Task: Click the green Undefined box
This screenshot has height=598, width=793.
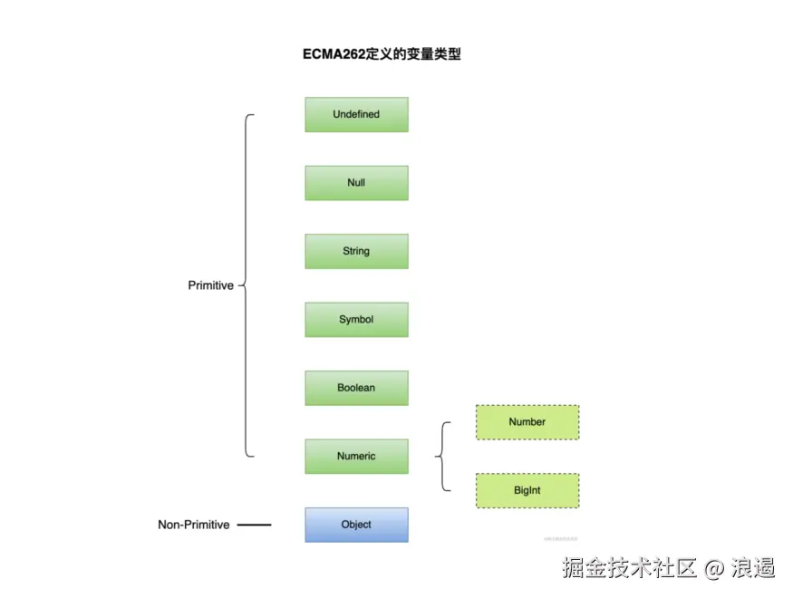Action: point(356,114)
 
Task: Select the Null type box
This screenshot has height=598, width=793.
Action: point(356,183)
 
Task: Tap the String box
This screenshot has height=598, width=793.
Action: point(356,251)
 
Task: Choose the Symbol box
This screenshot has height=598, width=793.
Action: point(356,320)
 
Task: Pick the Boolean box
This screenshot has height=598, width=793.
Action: point(356,388)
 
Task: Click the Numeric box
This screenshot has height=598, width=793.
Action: point(356,457)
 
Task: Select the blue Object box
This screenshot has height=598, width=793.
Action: point(356,525)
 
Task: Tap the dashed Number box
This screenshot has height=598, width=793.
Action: point(527,422)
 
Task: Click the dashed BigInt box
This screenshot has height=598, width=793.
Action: point(527,490)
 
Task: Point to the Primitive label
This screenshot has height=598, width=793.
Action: point(210,285)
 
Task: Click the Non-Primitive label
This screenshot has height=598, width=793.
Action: point(194,525)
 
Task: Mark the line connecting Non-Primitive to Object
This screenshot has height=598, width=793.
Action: point(255,525)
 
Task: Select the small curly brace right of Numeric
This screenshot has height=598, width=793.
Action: point(442,457)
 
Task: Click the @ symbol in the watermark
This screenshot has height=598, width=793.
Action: point(714,568)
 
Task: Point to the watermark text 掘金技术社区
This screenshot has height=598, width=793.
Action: point(629,568)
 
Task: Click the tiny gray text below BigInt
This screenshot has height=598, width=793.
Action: point(561,538)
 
